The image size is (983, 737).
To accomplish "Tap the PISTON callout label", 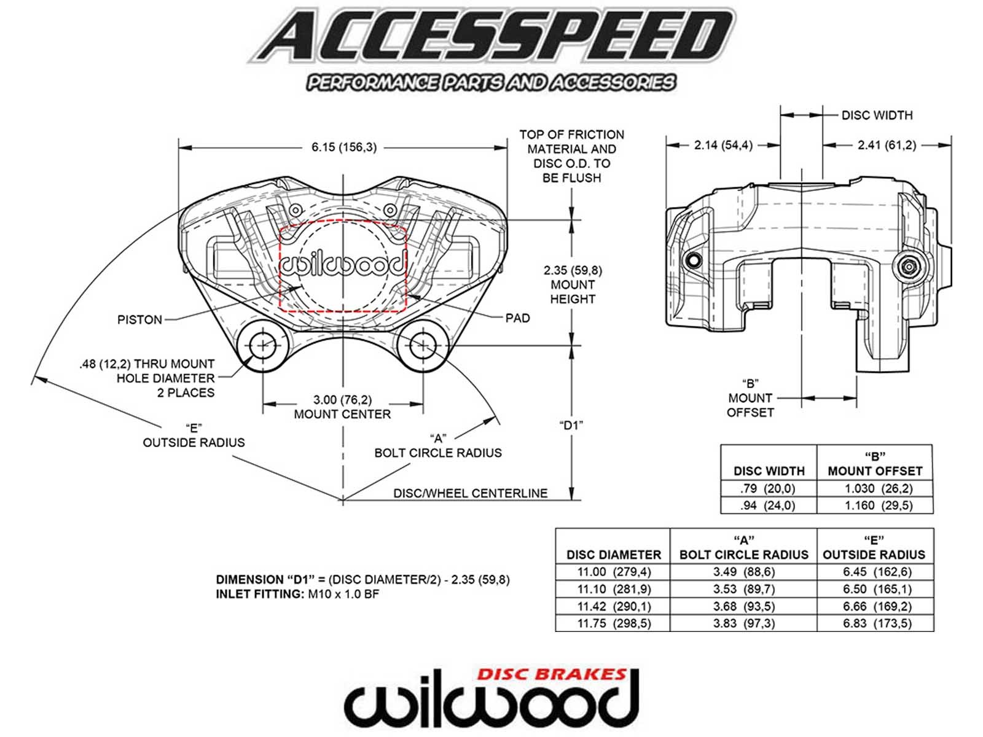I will point(139,319).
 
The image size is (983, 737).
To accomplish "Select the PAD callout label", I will point(517,318).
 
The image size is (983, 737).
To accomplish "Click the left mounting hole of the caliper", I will point(263,346).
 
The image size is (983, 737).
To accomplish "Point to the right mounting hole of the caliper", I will point(423,346).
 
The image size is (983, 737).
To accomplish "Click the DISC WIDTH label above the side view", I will point(877,115).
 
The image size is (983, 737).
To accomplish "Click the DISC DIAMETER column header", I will point(613,555).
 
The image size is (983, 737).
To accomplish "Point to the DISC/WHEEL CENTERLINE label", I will point(470,493).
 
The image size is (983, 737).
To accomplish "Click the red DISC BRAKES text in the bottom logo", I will point(551,674).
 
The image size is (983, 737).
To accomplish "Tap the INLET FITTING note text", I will point(297,595).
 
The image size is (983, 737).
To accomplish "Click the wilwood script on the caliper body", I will point(343,264).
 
